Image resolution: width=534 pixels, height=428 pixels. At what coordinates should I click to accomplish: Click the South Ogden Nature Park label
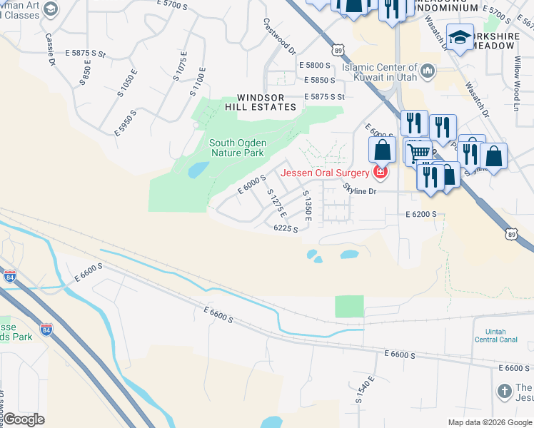coord(236,148)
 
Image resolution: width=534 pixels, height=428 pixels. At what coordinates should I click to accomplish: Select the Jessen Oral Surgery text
coord(325,172)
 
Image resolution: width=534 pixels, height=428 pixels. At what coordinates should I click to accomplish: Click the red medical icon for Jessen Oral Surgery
coord(382,172)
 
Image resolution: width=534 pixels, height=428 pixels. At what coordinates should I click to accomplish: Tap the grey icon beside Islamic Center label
coord(428,69)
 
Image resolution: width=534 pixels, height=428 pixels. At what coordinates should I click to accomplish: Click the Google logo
coord(24,419)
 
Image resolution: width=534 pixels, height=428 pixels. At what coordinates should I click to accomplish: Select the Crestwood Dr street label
coord(278,37)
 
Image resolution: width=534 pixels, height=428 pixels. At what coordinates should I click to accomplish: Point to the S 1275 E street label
coord(276,203)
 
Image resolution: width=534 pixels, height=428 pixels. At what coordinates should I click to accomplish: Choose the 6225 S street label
coord(286,228)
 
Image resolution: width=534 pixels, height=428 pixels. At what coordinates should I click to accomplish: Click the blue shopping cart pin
coord(419,151)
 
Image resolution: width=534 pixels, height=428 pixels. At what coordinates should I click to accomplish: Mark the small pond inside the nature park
coord(198,170)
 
